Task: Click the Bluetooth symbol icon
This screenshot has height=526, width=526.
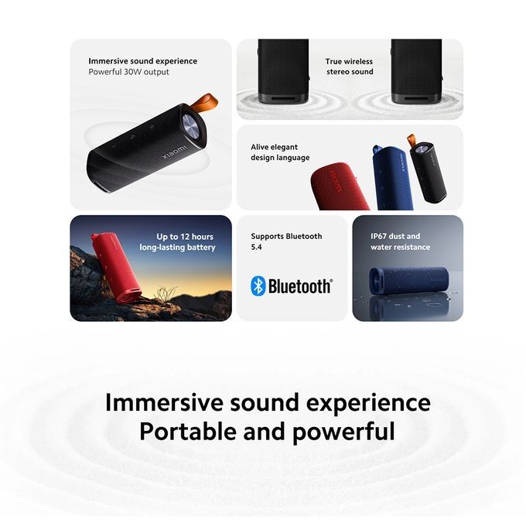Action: (x=258, y=286)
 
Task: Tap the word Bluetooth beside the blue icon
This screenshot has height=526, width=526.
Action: (x=300, y=287)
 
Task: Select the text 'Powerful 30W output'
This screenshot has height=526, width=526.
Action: (x=128, y=72)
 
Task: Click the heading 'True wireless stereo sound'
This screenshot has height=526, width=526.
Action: (x=349, y=67)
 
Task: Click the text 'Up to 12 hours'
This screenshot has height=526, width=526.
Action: (x=185, y=237)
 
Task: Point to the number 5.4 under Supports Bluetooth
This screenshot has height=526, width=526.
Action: (x=258, y=247)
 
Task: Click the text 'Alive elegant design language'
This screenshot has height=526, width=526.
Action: (x=279, y=152)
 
